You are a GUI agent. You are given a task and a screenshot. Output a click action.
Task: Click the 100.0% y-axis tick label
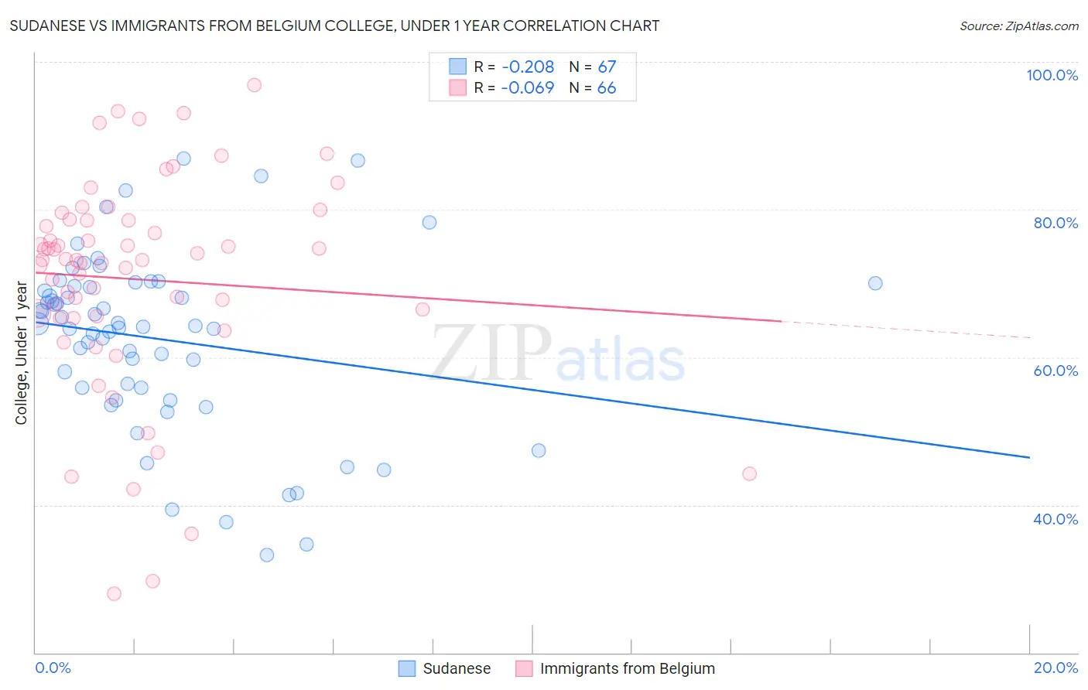click(x=1052, y=75)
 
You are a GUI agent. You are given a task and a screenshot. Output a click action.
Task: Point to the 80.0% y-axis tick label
click(x=1055, y=223)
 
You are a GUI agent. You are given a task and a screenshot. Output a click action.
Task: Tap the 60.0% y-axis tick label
click(x=1055, y=371)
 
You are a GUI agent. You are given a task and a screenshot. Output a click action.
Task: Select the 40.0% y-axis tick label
click(x=1055, y=519)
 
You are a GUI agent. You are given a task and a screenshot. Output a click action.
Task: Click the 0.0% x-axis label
click(x=53, y=668)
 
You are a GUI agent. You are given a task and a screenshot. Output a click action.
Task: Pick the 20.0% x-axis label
click(x=1055, y=668)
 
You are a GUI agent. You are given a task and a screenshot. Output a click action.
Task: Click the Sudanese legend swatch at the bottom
click(x=407, y=668)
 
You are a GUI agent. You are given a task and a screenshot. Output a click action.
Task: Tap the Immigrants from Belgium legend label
click(x=627, y=668)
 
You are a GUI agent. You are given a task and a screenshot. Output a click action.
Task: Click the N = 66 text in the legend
click(x=593, y=88)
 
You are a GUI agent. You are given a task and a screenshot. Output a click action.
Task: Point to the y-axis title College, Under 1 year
click(x=22, y=354)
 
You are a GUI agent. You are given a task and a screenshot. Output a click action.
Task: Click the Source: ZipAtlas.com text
click(x=1018, y=26)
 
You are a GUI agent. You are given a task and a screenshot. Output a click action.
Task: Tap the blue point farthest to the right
click(x=875, y=283)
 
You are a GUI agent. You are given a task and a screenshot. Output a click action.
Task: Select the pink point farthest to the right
click(x=749, y=473)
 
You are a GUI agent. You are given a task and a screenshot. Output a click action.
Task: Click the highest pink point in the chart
click(x=254, y=85)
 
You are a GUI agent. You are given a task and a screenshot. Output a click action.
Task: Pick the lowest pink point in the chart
click(x=114, y=593)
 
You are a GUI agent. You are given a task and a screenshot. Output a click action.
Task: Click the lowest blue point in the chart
click(x=267, y=555)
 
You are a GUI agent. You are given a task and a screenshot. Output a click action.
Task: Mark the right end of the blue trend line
click(x=1030, y=458)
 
